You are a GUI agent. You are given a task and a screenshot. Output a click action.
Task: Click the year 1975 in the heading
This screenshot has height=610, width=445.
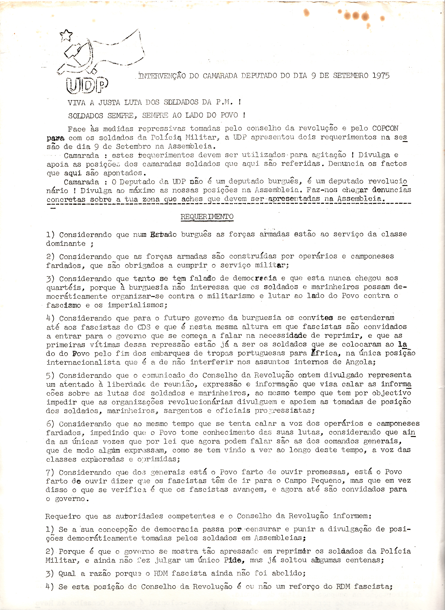tap(381, 76)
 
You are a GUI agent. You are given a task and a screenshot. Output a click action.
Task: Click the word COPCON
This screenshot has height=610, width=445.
tap(385, 128)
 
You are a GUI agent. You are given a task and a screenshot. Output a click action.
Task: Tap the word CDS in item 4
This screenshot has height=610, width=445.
tap(144, 327)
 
